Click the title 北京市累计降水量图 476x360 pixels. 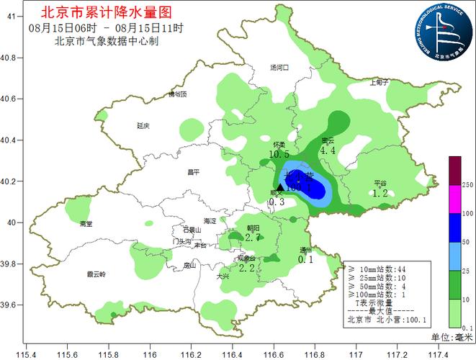click(x=107, y=12)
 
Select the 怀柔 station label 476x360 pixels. click(x=280, y=145)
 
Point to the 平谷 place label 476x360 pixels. click(x=380, y=183)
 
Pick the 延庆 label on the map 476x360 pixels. click(x=143, y=125)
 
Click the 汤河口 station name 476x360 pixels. click(x=279, y=67)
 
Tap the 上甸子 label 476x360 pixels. click(x=378, y=82)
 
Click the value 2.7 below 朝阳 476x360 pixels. click(x=252, y=237)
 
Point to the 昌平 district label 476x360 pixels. click(x=192, y=171)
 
